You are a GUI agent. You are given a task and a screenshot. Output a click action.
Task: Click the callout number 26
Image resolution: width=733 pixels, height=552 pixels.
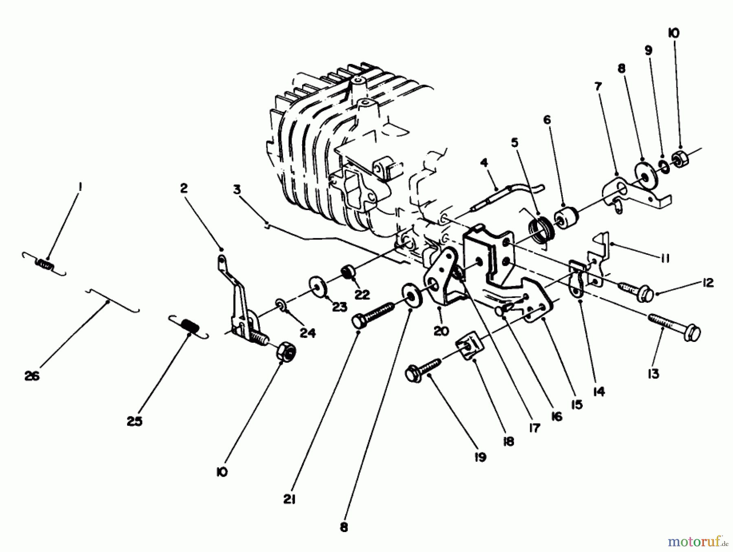click(x=32, y=376)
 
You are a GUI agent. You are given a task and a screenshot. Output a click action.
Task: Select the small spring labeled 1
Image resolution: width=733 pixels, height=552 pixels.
click(x=45, y=265)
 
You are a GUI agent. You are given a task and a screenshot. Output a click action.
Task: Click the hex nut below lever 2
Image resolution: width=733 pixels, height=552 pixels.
click(x=287, y=351)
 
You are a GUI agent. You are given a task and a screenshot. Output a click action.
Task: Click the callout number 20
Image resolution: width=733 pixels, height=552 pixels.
click(x=441, y=331)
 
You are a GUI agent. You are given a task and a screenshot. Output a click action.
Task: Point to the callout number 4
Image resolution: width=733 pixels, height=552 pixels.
click(x=484, y=163)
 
